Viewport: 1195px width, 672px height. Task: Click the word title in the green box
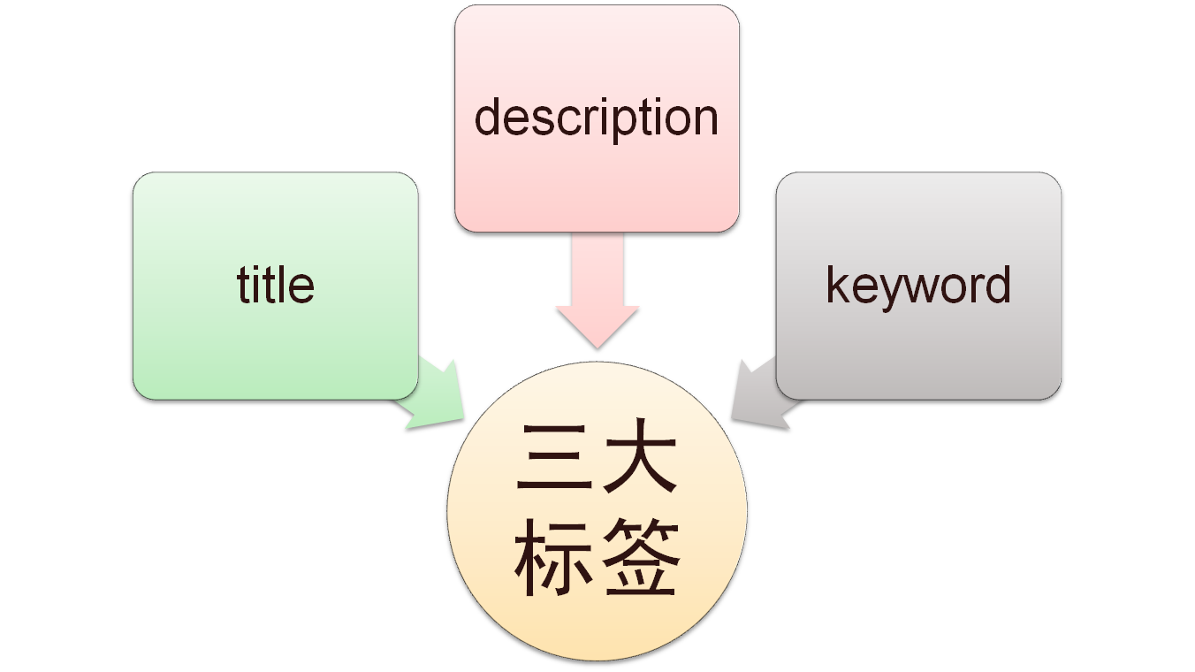click(276, 285)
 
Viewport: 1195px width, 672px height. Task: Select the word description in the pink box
click(597, 118)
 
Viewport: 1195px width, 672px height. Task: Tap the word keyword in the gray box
click(918, 285)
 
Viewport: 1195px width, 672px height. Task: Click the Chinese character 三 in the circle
click(553, 460)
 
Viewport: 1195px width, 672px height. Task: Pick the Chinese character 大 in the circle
click(639, 460)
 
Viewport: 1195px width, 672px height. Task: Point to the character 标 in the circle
click(553, 560)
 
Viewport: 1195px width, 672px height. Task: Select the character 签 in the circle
click(639, 560)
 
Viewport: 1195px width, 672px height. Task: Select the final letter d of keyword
click(1000, 285)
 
